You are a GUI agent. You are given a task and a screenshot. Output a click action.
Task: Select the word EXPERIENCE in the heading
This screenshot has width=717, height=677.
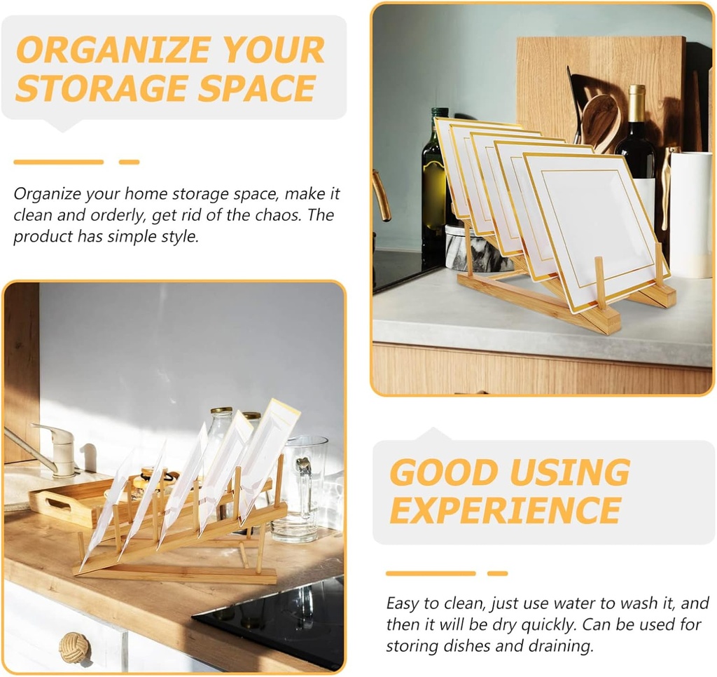[505, 510]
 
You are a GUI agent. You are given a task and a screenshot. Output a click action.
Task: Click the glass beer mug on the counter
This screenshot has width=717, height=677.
[300, 491]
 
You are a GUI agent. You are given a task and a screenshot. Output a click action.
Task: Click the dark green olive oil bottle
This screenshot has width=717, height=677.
[435, 182]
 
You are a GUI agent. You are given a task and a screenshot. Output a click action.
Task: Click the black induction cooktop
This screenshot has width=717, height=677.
[280, 620]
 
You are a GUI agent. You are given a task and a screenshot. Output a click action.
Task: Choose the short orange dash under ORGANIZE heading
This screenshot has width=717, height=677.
[129, 162]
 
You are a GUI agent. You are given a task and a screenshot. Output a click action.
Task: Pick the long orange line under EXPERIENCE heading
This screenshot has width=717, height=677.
[430, 573]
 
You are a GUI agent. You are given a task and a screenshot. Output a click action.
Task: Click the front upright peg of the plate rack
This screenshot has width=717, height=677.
[600, 284]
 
